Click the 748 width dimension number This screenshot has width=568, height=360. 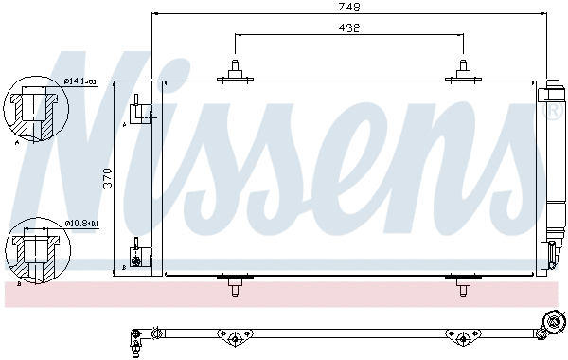tap(350, 7)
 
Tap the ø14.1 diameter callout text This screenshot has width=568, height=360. tap(81, 82)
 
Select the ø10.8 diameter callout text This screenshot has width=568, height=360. tap(81, 224)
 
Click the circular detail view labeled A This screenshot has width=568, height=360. tap(33, 108)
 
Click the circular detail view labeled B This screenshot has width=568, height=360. tap(33, 249)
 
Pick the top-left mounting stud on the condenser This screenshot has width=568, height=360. tap(233, 69)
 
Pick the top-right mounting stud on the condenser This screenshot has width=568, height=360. tap(462, 69)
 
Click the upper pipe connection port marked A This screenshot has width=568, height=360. tap(141, 112)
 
